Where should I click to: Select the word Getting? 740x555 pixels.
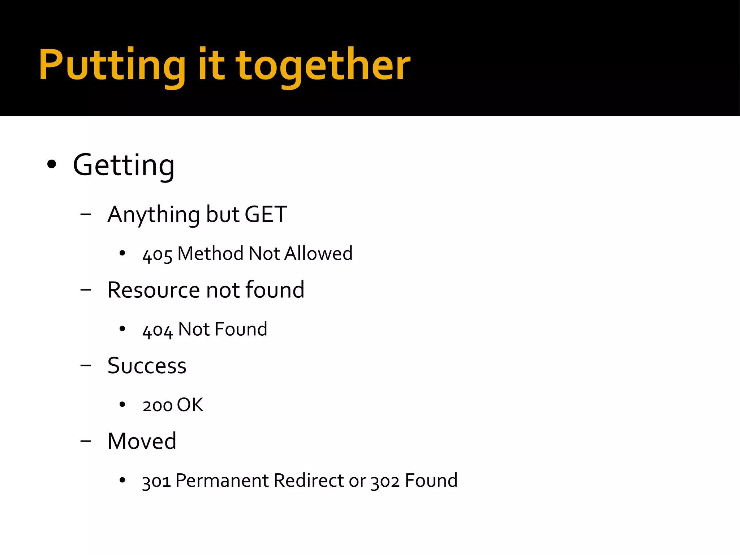124,165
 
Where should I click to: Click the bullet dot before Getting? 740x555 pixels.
52,164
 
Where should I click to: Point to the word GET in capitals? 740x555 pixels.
266,215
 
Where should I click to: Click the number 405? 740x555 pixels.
157,254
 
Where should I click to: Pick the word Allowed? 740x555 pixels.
318,254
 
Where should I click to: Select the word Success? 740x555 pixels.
147,366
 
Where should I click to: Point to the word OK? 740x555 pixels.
190,405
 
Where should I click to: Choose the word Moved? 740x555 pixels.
142,441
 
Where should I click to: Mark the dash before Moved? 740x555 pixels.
86,441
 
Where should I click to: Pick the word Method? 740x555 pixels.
210,254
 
